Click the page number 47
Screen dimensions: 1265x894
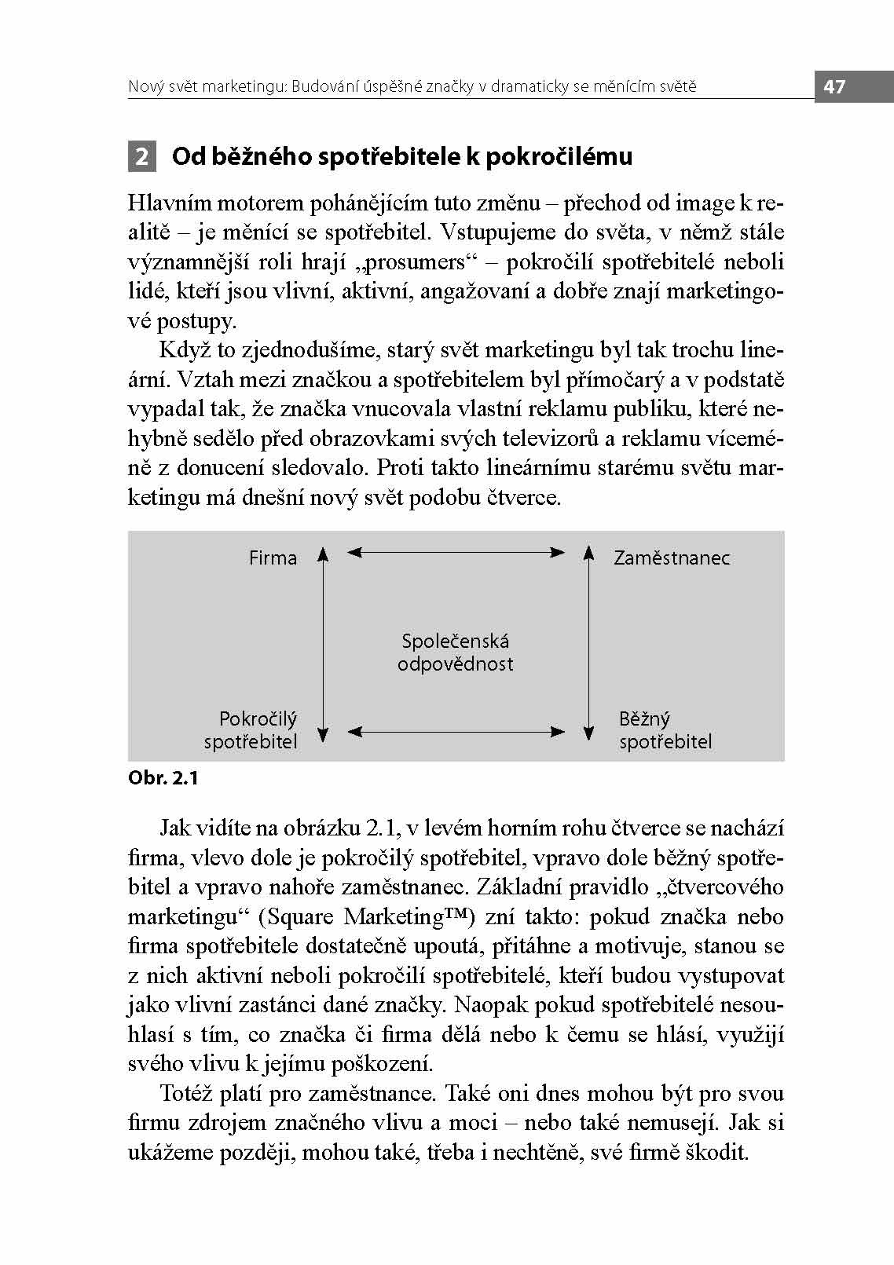834,86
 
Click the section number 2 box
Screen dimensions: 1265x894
142,157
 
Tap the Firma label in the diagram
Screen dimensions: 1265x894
273,558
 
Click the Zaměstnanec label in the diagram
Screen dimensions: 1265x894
672,558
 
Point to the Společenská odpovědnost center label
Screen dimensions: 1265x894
455,653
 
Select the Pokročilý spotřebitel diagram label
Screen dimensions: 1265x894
251,730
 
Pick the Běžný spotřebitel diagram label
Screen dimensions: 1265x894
665,730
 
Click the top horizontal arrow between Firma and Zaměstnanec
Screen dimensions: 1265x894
456,553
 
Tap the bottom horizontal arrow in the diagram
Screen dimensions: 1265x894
456,732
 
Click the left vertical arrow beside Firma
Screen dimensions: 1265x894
322,644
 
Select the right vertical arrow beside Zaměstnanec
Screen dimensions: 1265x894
588,644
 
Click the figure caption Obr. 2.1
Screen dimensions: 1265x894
163,778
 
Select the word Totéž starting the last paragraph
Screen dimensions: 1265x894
186,1094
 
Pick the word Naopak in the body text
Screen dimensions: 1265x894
491,1005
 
